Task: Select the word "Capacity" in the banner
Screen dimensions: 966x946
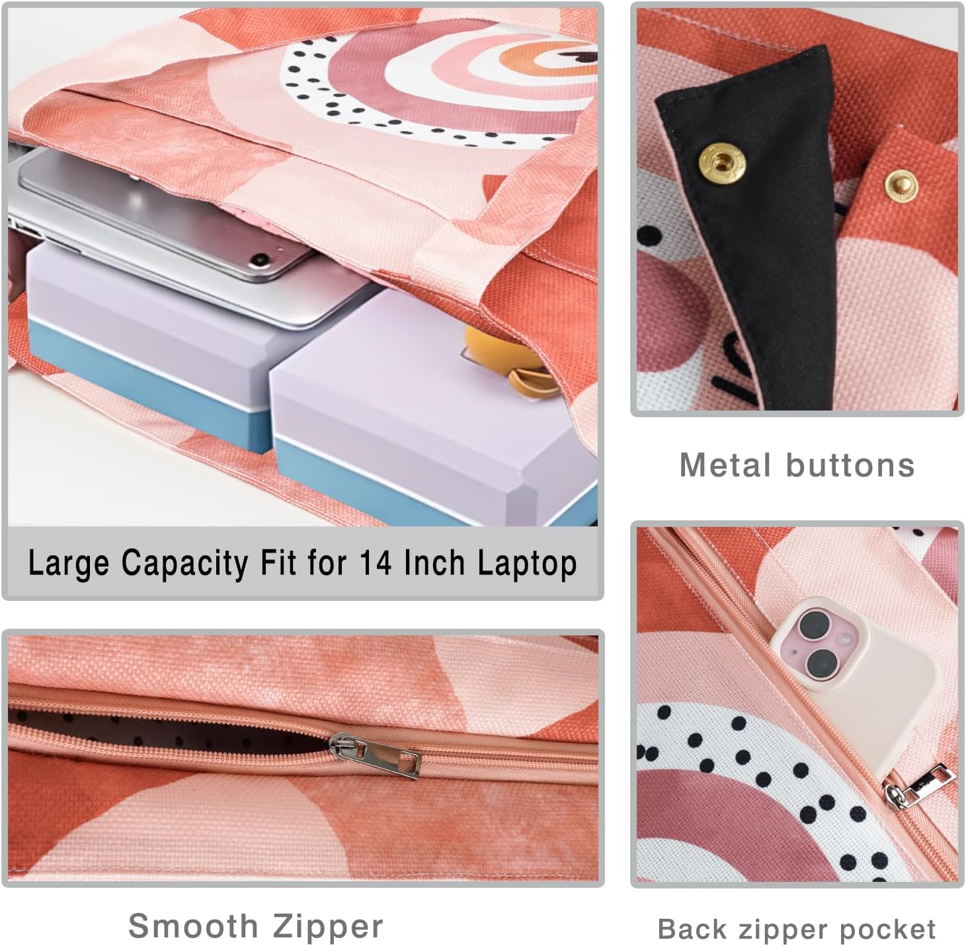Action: coord(184,564)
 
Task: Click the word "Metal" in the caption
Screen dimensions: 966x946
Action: coord(725,465)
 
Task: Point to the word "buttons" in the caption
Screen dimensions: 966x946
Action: coord(850,465)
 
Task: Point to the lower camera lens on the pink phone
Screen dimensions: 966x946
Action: coord(822,663)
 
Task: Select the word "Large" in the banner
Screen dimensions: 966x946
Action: coord(68,564)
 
